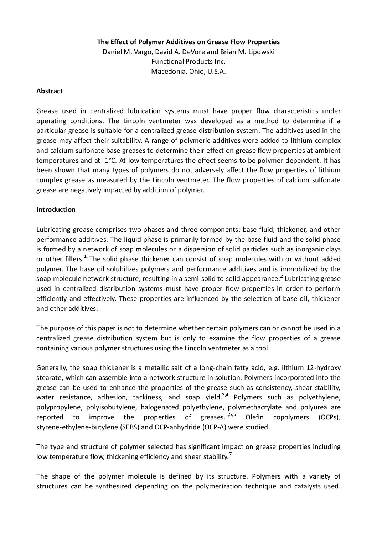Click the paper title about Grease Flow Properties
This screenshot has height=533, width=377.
click(188, 42)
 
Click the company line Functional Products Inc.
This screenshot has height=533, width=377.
click(188, 61)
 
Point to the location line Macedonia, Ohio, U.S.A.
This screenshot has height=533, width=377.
click(188, 71)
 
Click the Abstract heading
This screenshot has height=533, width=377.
click(50, 91)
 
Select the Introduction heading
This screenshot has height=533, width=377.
click(56, 209)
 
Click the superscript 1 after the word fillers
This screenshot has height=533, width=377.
click(86, 257)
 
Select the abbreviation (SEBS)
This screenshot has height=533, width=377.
click(128, 427)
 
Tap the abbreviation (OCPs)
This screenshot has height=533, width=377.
click(329, 417)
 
